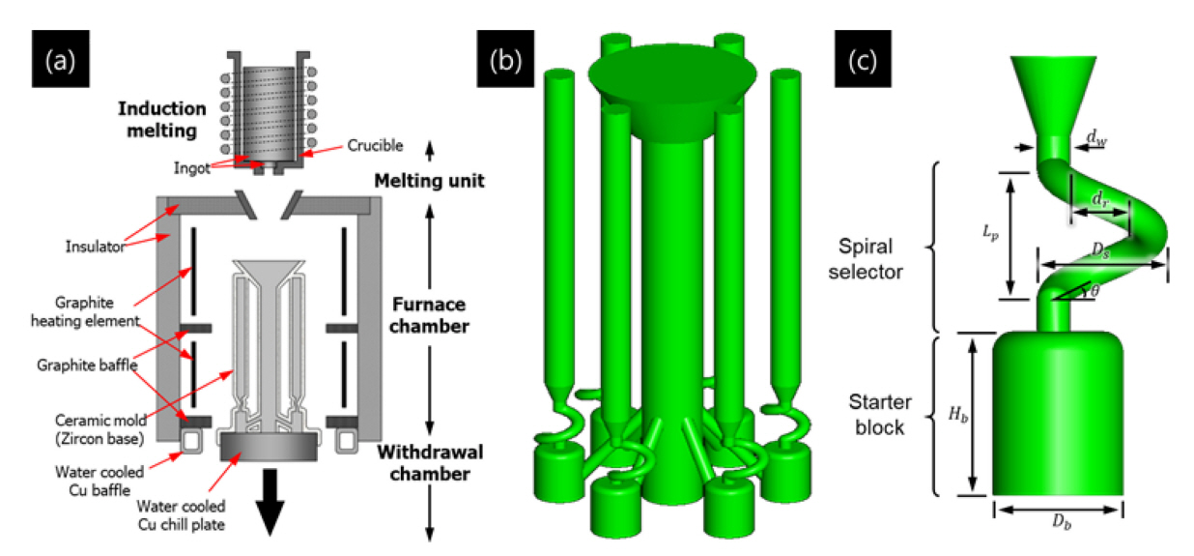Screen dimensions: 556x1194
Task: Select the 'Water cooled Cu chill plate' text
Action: (174, 512)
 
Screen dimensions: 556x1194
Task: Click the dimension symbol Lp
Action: (986, 232)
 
